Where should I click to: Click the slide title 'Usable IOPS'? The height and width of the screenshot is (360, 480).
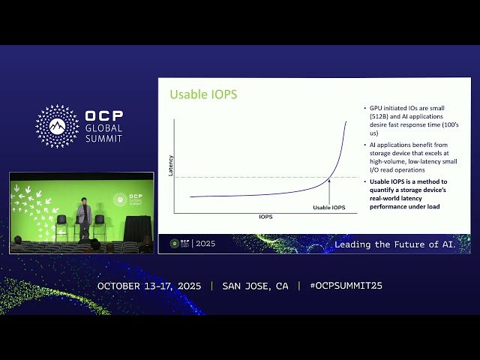coord(193,94)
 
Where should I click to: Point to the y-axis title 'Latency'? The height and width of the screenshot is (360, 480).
coord(170,165)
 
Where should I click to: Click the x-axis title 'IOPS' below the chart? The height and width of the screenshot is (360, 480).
coord(265,217)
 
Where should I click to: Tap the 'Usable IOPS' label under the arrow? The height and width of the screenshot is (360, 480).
coord(329,207)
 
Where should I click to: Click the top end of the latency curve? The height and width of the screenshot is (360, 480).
coord(346,121)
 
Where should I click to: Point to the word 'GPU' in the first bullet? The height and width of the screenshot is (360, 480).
coord(376,109)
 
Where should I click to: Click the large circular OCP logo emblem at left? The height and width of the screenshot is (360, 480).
coord(57,126)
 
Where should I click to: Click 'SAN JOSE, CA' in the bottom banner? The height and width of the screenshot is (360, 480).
coord(255,286)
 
